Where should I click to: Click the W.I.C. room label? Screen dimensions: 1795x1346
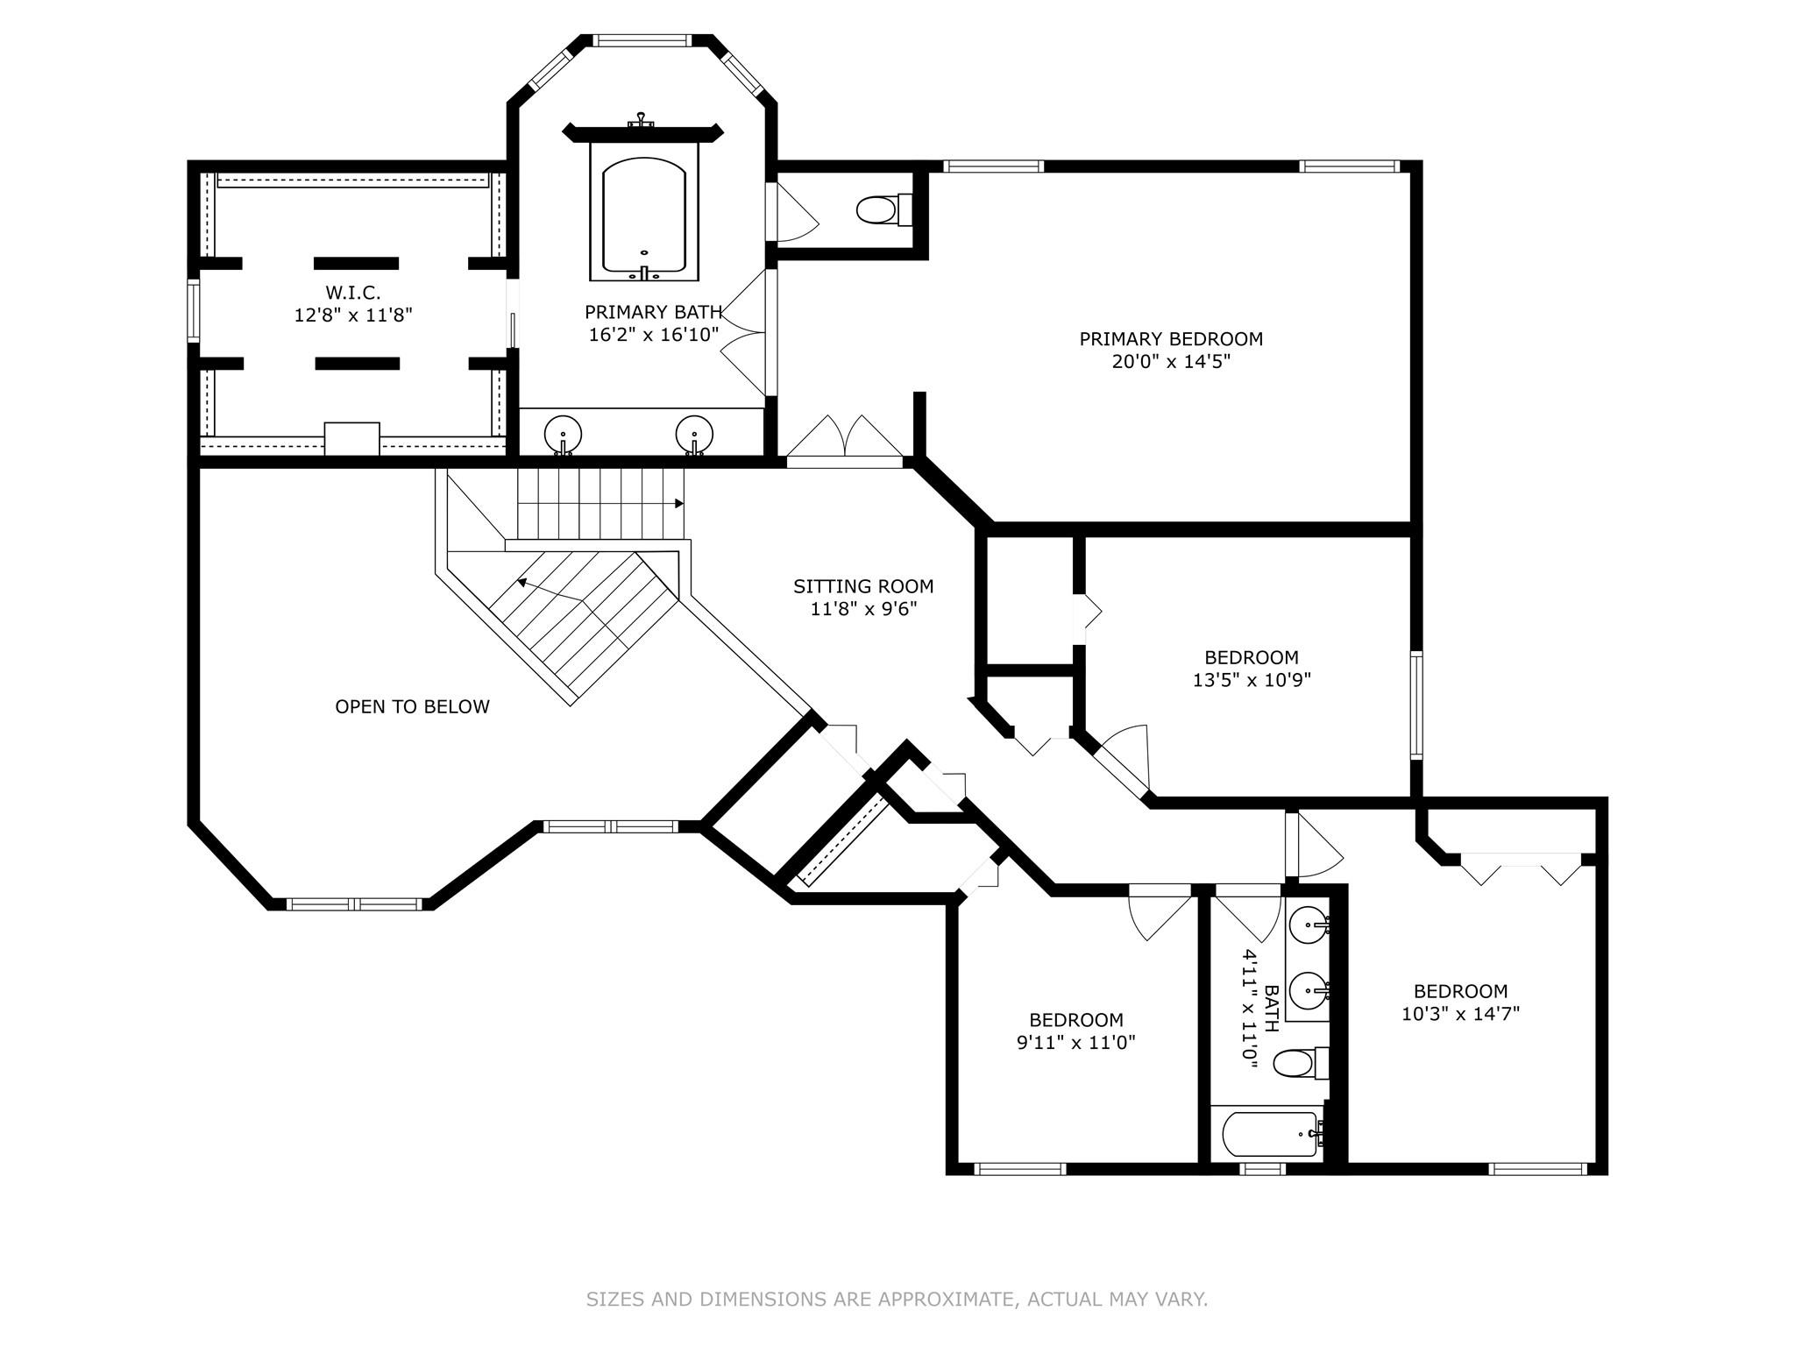click(353, 292)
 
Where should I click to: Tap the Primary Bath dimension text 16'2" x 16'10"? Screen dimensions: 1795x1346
click(654, 334)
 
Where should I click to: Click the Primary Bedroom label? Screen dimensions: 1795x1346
click(1171, 339)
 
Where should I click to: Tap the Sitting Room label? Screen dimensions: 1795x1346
click(863, 586)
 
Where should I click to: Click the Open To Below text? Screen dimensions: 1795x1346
click(412, 706)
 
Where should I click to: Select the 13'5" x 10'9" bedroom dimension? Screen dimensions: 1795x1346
click(1252, 679)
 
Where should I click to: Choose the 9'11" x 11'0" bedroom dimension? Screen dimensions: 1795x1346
click(1076, 1042)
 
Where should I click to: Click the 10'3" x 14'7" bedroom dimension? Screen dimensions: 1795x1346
click(1460, 1013)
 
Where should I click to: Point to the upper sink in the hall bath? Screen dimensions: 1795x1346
click(1310, 924)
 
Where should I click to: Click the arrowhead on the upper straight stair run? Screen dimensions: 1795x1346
click(679, 504)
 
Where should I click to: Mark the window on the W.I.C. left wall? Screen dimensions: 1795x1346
click(194, 310)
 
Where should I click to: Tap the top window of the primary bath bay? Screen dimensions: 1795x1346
click(643, 40)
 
